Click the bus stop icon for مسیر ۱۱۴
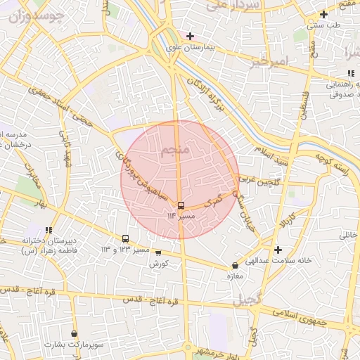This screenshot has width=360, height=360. click(181, 205)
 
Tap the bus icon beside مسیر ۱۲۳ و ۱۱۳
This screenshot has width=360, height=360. click(126, 239)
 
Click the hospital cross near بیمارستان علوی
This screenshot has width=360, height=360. click(190, 36)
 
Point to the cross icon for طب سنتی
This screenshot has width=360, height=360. click(323, 14)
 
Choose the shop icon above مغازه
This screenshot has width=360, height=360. click(235, 265)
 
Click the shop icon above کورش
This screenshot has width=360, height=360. click(157, 253)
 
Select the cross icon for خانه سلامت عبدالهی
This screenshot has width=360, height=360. click(278, 250)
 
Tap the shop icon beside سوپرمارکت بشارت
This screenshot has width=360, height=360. click(74, 334)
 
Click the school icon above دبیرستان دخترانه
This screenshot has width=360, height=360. click(49, 230)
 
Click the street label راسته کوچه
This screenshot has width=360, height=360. click(330, 160)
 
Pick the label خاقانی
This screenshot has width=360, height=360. click(349, 235)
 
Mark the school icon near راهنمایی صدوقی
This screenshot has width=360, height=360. click(349, 73)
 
